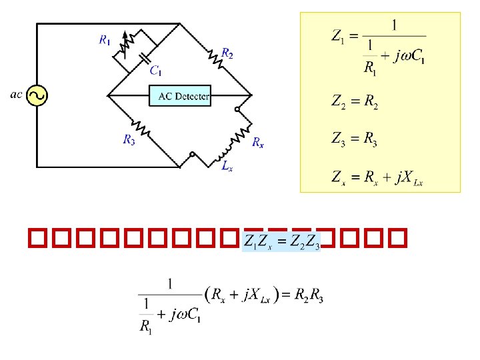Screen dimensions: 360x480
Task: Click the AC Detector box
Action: (x=183, y=96)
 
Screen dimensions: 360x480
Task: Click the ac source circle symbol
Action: (x=36, y=96)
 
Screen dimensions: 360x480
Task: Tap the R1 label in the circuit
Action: (x=105, y=40)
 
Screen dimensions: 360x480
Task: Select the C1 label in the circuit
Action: (x=155, y=69)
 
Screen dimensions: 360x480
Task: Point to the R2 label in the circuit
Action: (x=227, y=53)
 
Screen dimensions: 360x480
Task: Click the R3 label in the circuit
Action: (x=129, y=139)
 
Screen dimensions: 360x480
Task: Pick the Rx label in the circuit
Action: (x=257, y=142)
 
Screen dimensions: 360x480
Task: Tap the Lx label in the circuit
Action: (x=227, y=167)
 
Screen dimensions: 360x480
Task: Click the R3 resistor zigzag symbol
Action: (x=142, y=126)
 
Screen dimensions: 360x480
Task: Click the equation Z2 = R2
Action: (x=355, y=101)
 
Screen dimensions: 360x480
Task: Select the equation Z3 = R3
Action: (x=355, y=139)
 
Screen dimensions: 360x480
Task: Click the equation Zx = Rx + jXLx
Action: (x=377, y=177)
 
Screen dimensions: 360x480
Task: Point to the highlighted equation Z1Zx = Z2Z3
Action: (x=283, y=241)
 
